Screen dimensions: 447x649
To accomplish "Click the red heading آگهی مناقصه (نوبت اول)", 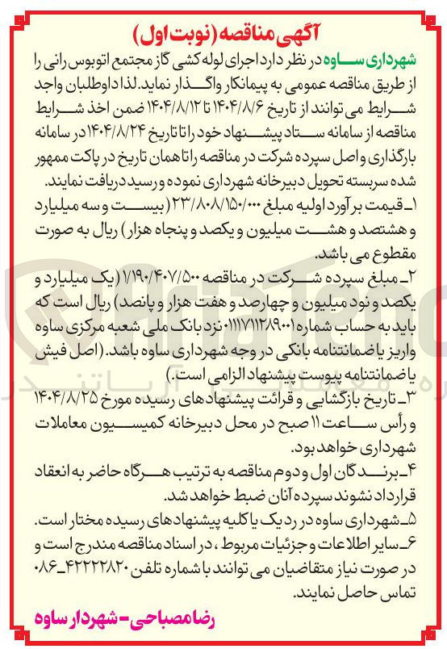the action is click(x=223, y=33).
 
